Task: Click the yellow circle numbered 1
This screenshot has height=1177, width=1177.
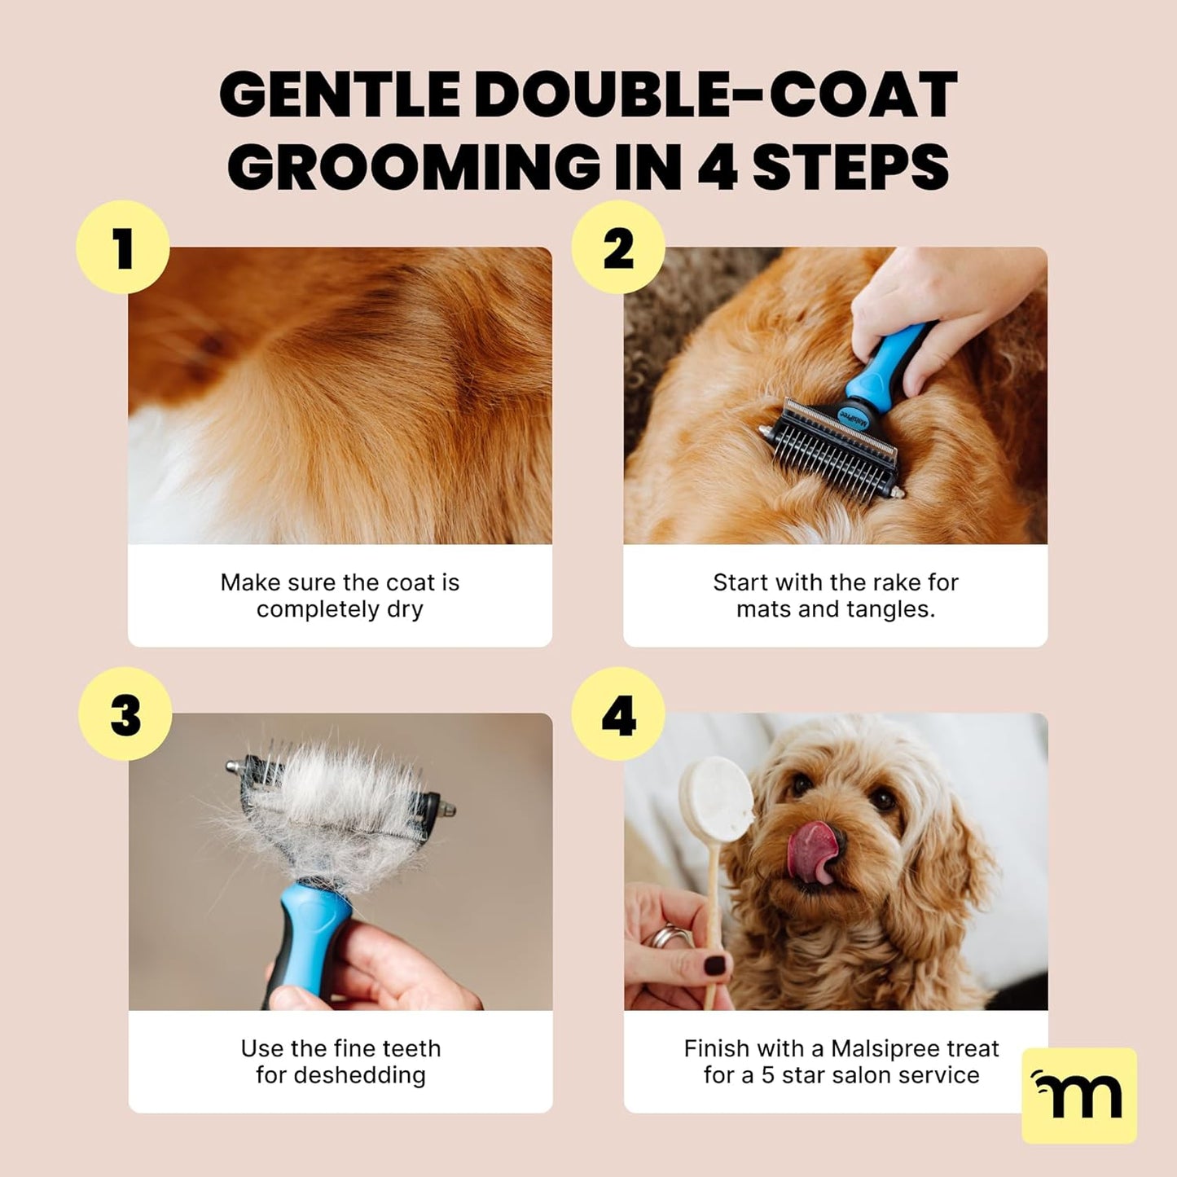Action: pos(123,248)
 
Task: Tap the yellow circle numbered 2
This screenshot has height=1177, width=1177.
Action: pos(618,248)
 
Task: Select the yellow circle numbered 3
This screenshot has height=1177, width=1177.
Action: pos(125,714)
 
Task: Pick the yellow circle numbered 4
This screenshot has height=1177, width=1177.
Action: pos(618,714)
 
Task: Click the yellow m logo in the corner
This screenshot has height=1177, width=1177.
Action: pos(1078,1095)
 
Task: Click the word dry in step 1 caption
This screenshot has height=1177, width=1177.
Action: pos(405,609)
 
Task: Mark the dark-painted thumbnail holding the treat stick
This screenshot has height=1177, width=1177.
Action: pos(715,967)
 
